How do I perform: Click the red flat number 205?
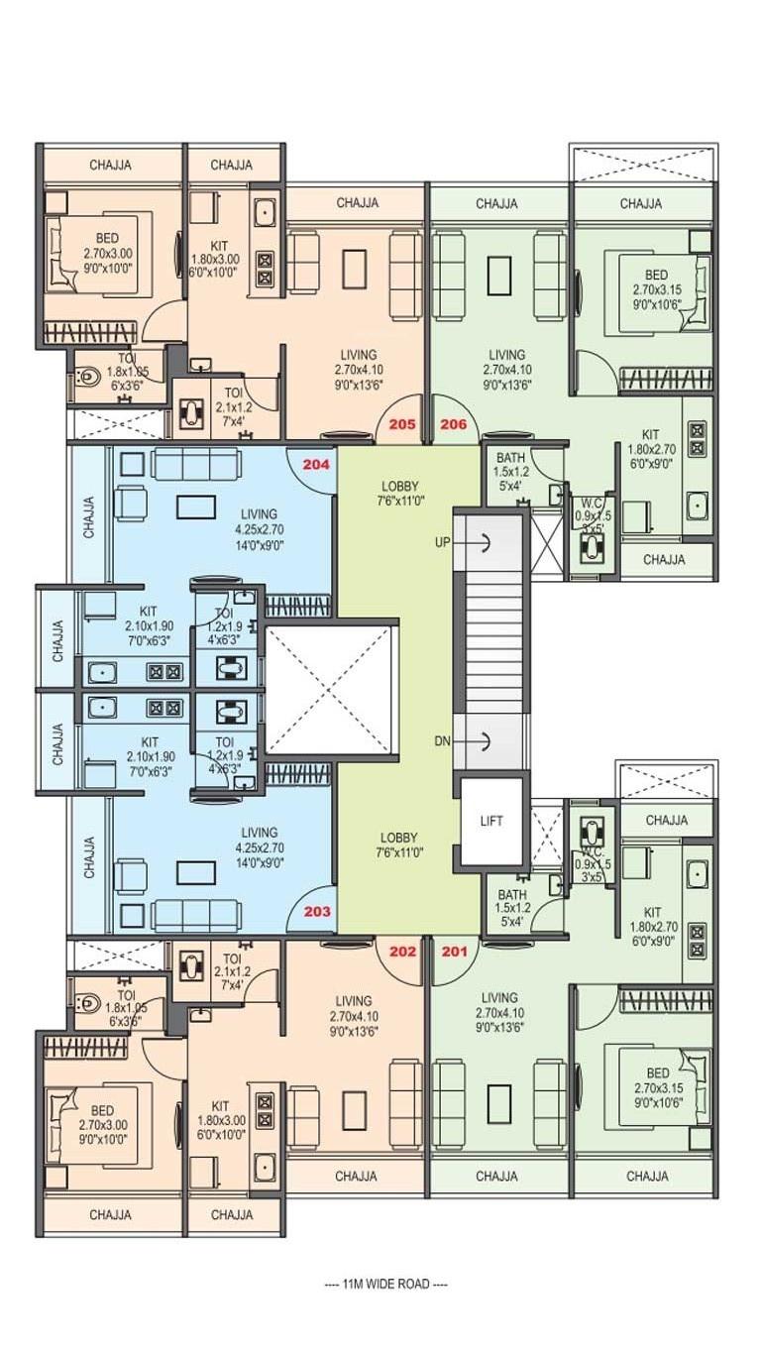(402, 424)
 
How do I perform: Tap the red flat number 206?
(454, 424)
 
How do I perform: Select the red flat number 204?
(316, 463)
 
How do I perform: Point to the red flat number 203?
(316, 912)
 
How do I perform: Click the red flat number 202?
(402, 952)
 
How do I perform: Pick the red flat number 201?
(454, 952)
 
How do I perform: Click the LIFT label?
(492, 821)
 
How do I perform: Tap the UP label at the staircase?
(442, 541)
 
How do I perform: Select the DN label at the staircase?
(442, 740)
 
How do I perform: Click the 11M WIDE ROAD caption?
(385, 1284)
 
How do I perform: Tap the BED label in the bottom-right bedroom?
(658, 1073)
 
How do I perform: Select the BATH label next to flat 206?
(511, 457)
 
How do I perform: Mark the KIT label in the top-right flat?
(650, 434)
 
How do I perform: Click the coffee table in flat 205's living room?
(355, 268)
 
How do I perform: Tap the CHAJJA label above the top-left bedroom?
(110, 165)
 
